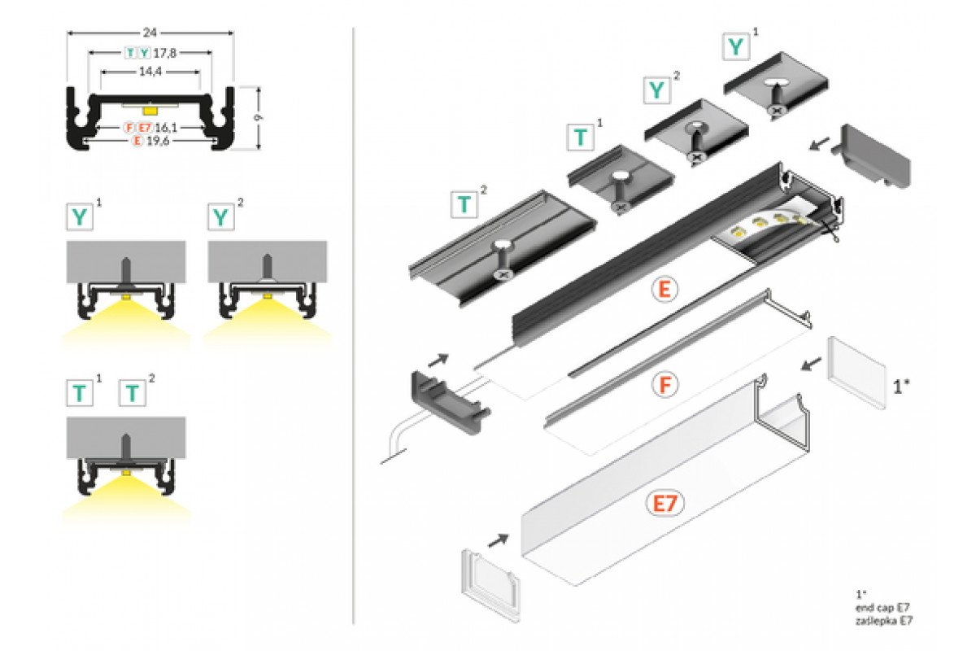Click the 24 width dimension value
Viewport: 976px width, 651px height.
pyautogui.click(x=150, y=33)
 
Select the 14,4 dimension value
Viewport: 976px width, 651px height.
pyautogui.click(x=150, y=72)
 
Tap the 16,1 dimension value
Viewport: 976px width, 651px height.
pyautogui.click(x=166, y=128)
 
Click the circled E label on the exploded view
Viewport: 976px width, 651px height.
pyautogui.click(x=663, y=290)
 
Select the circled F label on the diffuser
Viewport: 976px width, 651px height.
pyautogui.click(x=663, y=384)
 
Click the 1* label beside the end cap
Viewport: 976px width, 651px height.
pyautogui.click(x=900, y=387)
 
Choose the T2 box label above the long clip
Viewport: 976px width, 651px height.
pyautogui.click(x=464, y=203)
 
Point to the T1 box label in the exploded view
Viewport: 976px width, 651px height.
pyautogui.click(x=580, y=136)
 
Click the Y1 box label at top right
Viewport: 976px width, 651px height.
pyautogui.click(x=736, y=46)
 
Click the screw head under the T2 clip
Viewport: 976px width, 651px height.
pyautogui.click(x=501, y=275)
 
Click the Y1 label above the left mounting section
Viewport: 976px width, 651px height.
pyautogui.click(x=80, y=217)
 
